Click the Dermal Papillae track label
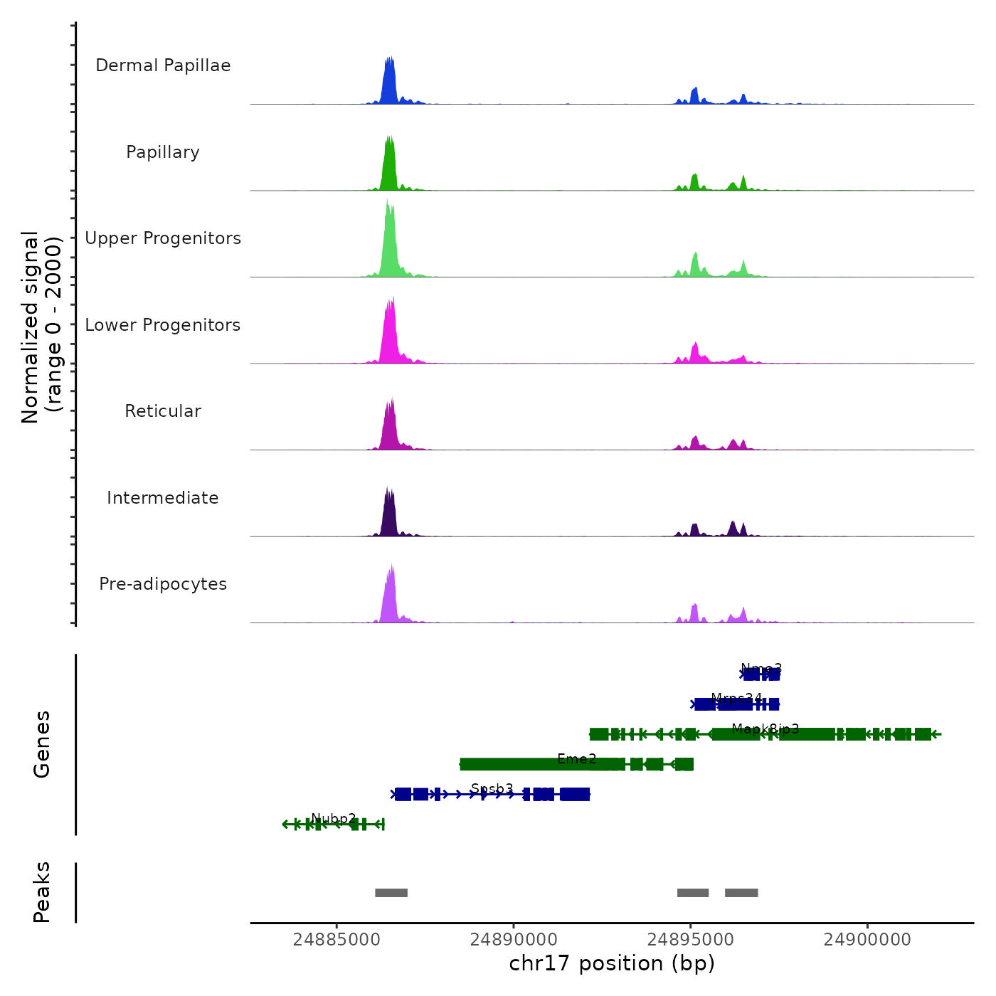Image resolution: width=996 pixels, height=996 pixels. point(163,65)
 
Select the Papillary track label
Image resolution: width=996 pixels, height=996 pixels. point(163,152)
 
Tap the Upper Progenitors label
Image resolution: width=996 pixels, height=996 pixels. point(163,238)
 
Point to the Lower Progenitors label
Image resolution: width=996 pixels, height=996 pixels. point(163,325)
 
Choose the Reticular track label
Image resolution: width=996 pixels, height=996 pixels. point(163,411)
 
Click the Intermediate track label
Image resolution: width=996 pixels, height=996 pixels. point(163,498)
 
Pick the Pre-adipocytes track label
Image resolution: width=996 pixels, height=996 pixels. point(163,584)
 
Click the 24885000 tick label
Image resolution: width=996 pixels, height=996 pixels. point(337,940)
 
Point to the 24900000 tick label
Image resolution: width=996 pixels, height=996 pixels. point(867,940)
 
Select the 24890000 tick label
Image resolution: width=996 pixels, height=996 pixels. point(514,940)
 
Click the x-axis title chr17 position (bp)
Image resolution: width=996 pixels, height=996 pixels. point(612,963)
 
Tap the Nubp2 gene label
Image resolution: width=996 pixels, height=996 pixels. point(334,819)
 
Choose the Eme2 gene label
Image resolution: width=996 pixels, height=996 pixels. point(577,759)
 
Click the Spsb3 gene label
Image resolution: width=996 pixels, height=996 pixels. point(492,789)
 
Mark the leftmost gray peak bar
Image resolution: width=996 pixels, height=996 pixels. point(391,893)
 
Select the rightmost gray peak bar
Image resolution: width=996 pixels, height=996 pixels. point(741,893)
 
